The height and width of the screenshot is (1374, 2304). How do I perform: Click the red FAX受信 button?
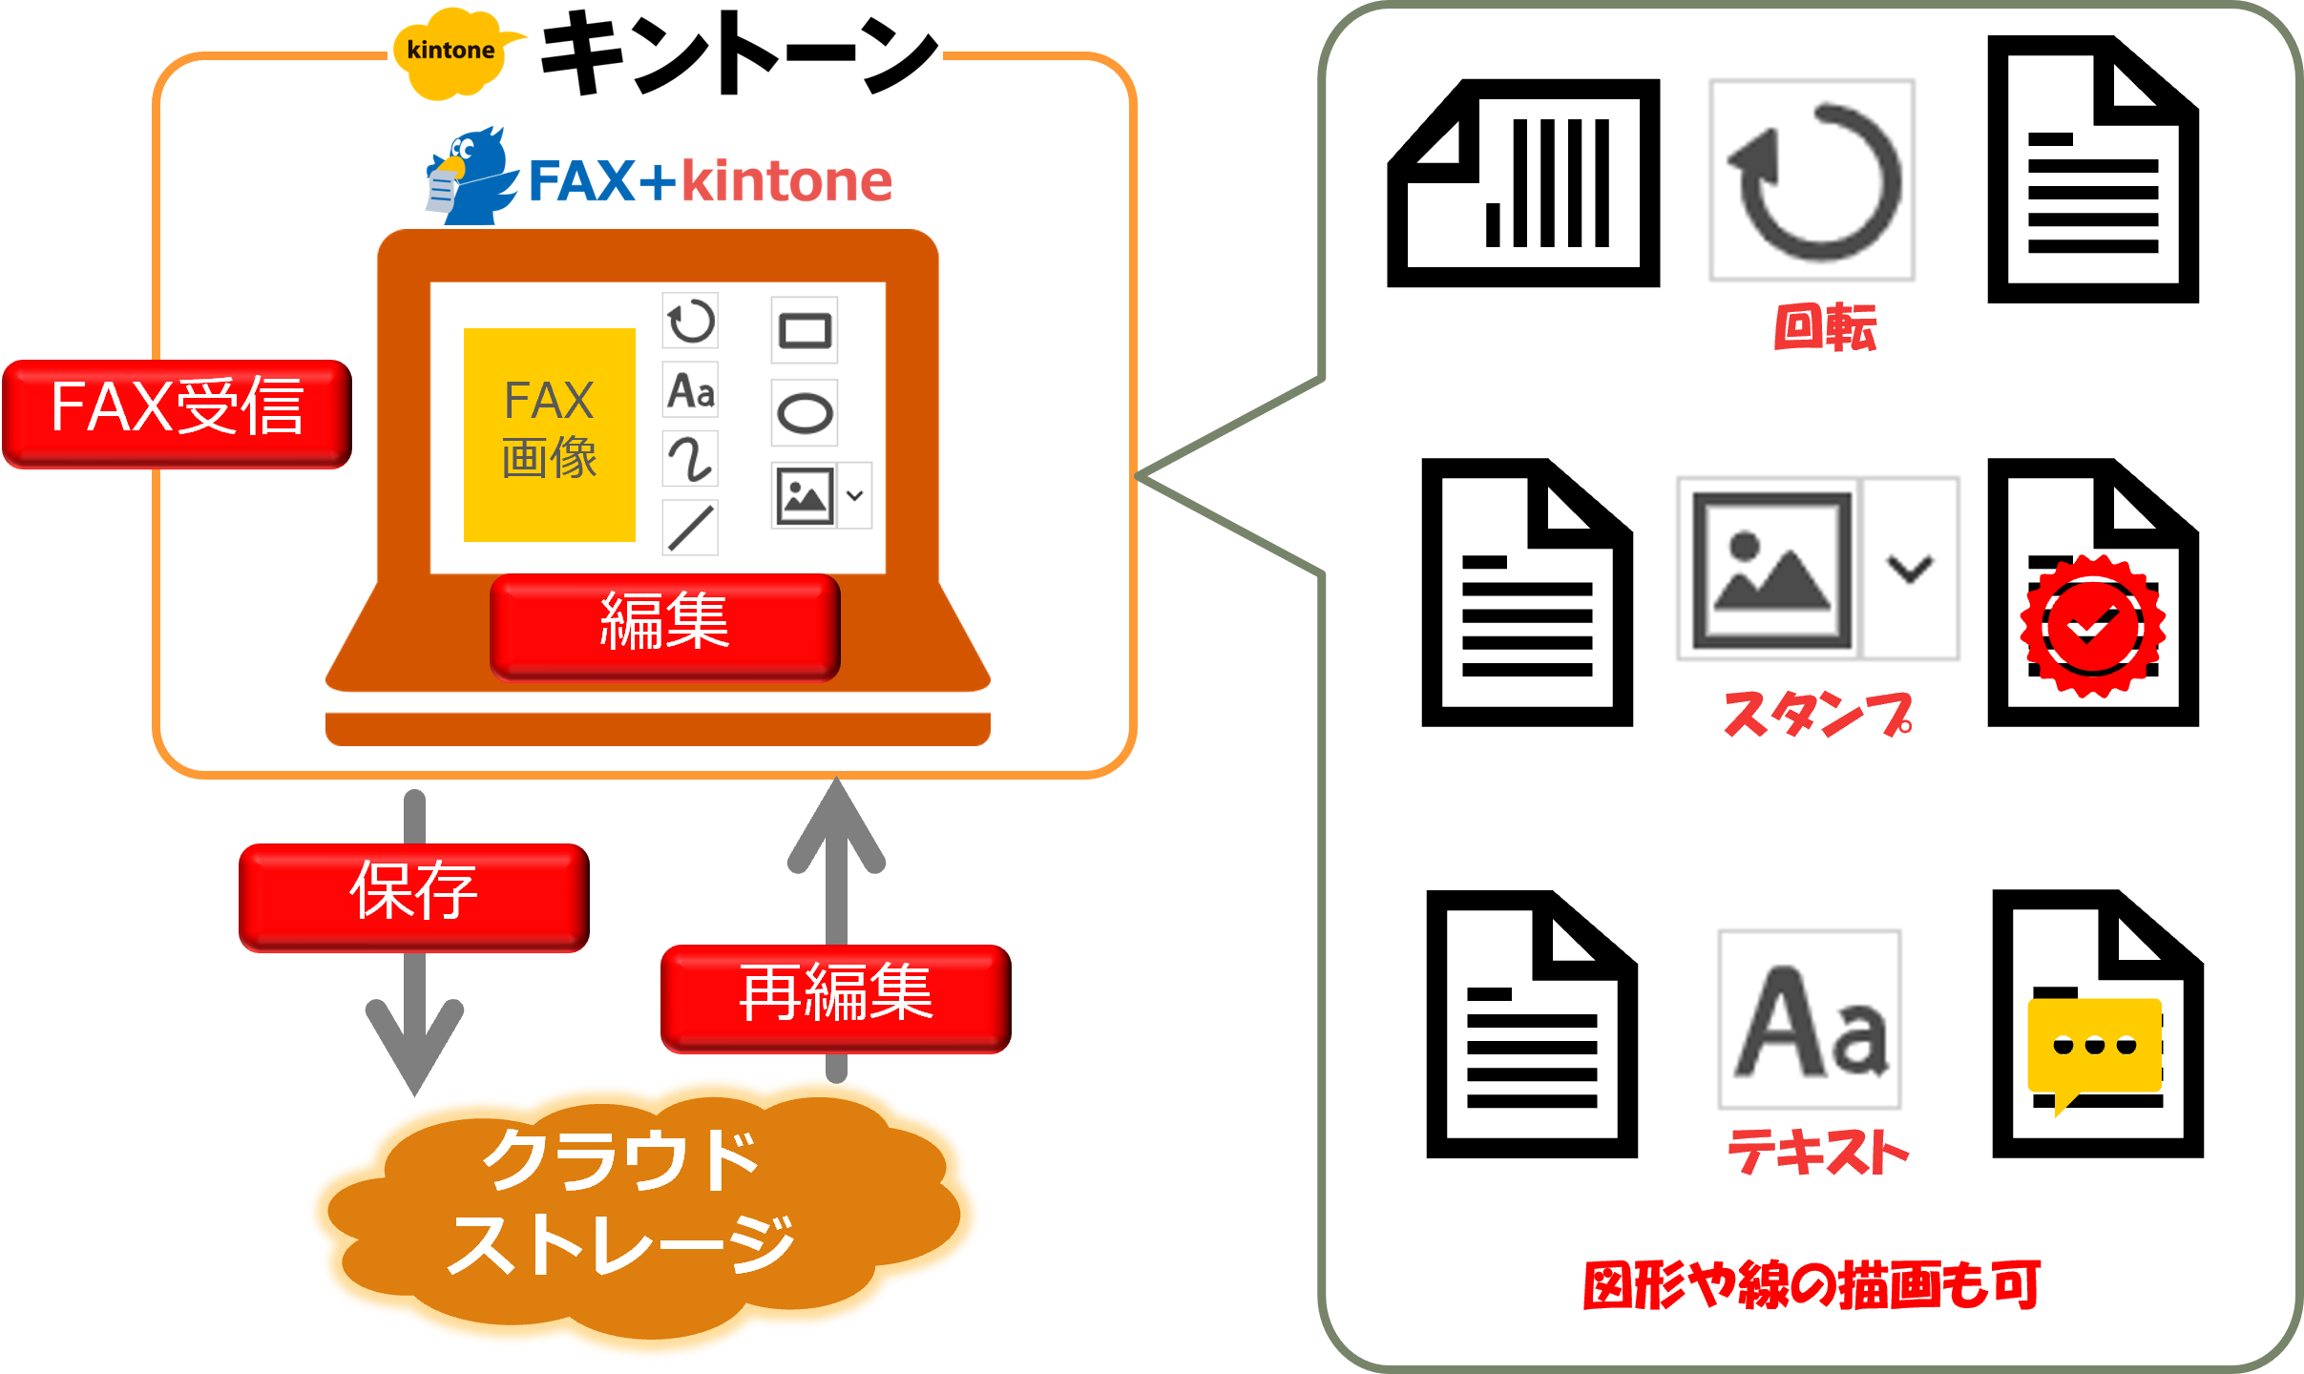[x=178, y=412]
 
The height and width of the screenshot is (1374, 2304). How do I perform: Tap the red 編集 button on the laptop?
[x=664, y=625]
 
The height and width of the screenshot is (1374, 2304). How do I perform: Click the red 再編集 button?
[x=835, y=997]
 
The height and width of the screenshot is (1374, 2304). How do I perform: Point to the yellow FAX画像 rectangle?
[x=549, y=434]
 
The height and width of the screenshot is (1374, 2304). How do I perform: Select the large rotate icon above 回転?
[x=1812, y=182]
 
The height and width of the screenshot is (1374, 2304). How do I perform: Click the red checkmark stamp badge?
[x=2092, y=626]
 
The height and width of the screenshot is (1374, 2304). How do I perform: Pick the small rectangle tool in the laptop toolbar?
[x=806, y=331]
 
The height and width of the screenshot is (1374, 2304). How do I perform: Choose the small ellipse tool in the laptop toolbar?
[x=806, y=414]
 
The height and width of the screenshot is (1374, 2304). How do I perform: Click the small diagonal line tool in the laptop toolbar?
[x=691, y=528]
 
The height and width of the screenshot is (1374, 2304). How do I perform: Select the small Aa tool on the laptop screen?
[x=691, y=390]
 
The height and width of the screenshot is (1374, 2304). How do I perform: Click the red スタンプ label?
[x=1817, y=715]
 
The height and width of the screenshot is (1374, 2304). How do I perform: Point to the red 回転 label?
[x=1825, y=327]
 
